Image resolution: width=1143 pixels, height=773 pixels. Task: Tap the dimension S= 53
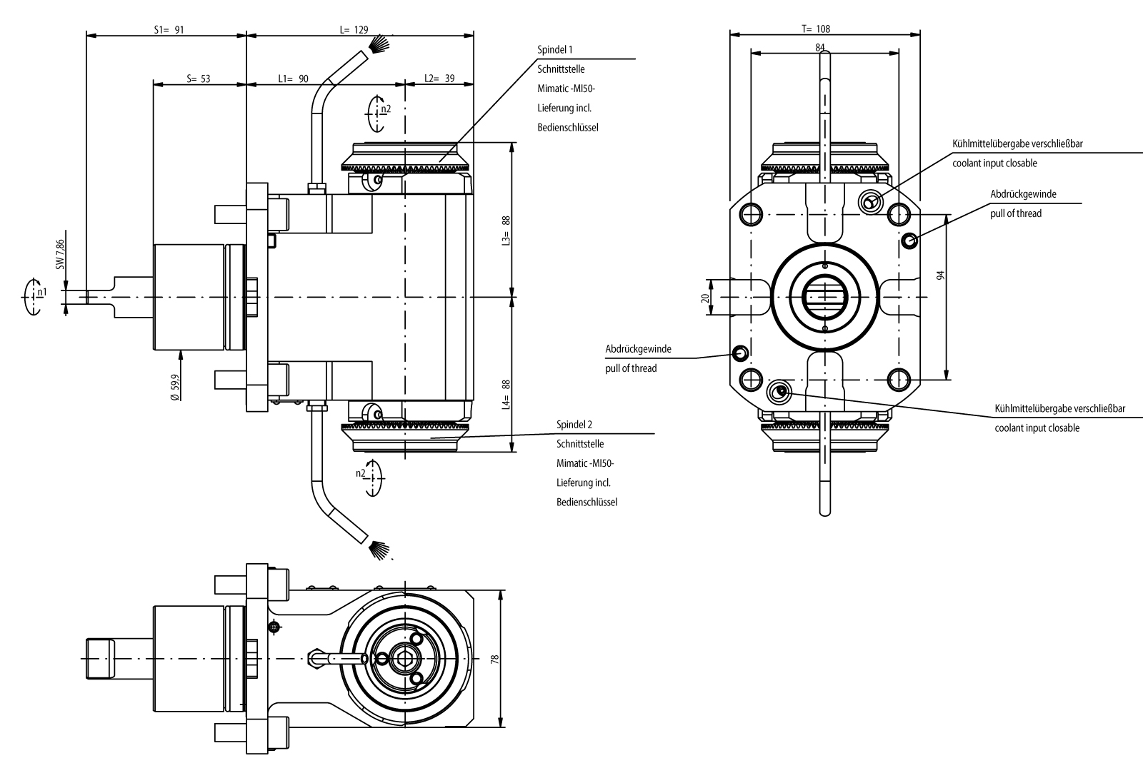pyautogui.click(x=198, y=79)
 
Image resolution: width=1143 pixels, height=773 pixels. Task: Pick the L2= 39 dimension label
pyautogui.click(x=439, y=79)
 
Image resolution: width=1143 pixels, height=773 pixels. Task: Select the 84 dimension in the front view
pyautogui.click(x=820, y=47)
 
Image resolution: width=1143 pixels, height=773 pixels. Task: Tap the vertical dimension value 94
pyautogui.click(x=941, y=275)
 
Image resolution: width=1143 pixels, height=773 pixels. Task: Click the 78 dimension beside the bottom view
pyautogui.click(x=494, y=658)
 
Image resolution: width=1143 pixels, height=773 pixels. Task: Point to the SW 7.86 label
pyautogui.click(x=61, y=254)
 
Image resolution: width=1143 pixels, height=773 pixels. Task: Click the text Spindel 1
pyautogui.click(x=555, y=50)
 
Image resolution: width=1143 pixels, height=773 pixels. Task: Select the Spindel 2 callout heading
pyautogui.click(x=574, y=425)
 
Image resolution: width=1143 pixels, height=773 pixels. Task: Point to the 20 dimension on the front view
pyautogui.click(x=704, y=298)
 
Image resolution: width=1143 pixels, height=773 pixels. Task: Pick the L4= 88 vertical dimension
pyautogui.click(x=506, y=394)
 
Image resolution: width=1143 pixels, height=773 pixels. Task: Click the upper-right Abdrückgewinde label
pyautogui.click(x=1023, y=194)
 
